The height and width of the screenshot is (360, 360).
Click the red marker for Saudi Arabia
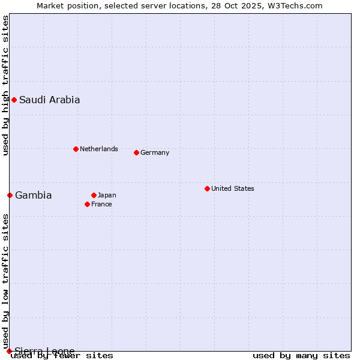(x=14, y=100)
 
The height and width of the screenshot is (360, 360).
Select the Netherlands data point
(x=76, y=149)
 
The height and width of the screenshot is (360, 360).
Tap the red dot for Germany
(x=136, y=152)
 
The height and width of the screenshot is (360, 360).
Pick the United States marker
(x=207, y=188)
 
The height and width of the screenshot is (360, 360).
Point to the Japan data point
(x=94, y=195)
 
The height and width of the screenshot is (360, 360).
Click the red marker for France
(x=87, y=204)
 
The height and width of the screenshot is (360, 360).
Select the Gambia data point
(x=10, y=195)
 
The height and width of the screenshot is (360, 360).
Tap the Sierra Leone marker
(x=9, y=351)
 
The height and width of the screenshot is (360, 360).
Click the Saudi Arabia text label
(x=49, y=100)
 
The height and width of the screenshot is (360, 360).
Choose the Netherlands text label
(x=99, y=149)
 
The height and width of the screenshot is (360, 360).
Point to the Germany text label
(x=155, y=152)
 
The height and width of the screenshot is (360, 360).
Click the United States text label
(x=233, y=188)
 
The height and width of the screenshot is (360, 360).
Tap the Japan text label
(x=107, y=195)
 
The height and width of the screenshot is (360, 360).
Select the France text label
(x=101, y=204)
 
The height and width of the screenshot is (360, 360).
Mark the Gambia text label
(x=34, y=196)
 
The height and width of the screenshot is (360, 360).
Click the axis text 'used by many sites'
(x=301, y=356)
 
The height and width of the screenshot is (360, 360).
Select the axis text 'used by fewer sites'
(x=62, y=356)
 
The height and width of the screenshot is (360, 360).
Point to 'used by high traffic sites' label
(x=5, y=85)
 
